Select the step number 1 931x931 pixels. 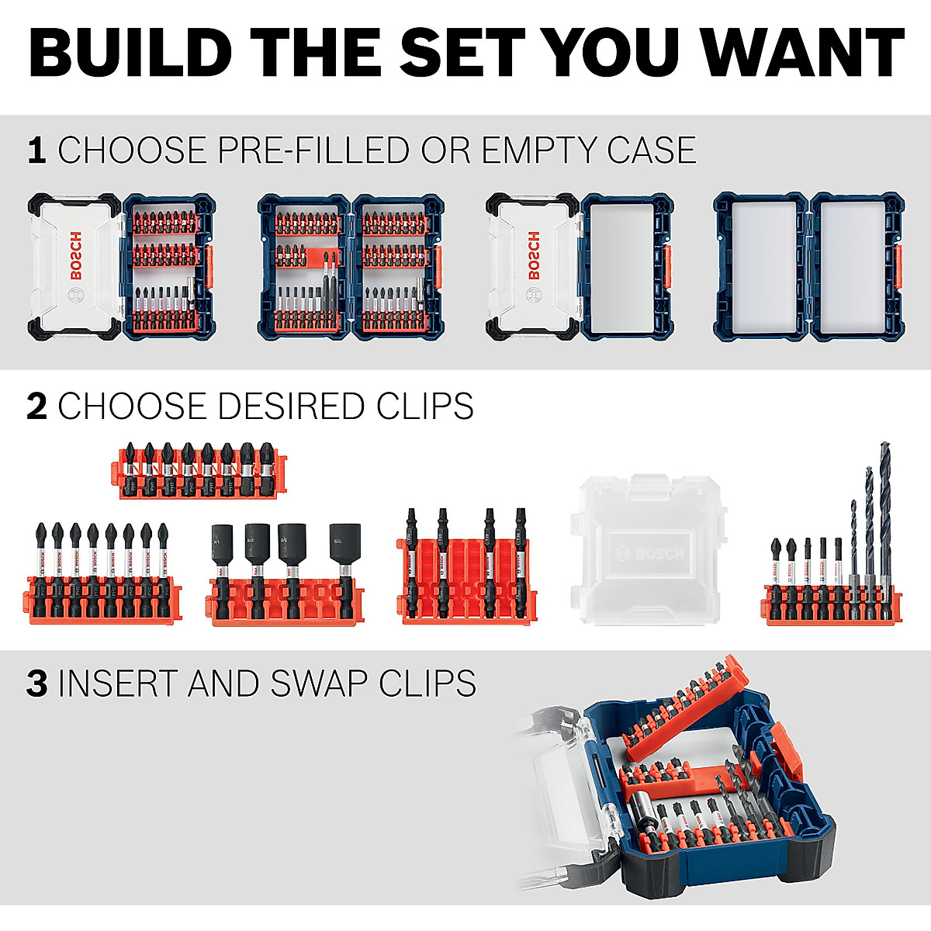36,150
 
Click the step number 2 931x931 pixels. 36,407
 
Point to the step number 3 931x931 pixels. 36,684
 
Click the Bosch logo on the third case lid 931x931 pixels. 533,255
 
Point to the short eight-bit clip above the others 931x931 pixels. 197,470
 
